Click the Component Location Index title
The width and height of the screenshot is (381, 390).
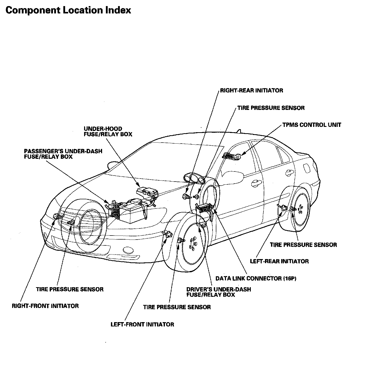pos(68,10)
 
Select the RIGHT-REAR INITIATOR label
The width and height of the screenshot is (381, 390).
pos(251,90)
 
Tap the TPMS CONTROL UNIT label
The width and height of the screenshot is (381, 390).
pos(312,125)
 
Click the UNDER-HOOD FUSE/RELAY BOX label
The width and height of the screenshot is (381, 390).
pos(108,131)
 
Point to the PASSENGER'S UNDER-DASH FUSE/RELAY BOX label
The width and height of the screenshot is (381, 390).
pos(63,154)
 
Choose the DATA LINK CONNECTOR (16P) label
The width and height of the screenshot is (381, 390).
pos(256,278)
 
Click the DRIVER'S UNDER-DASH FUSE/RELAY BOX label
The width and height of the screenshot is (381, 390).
pos(218,292)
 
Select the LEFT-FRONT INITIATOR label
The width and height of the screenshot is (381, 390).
pos(142,324)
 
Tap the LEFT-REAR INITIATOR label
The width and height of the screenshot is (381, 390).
pos(279,261)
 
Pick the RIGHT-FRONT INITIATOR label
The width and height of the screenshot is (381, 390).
pos(45,306)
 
